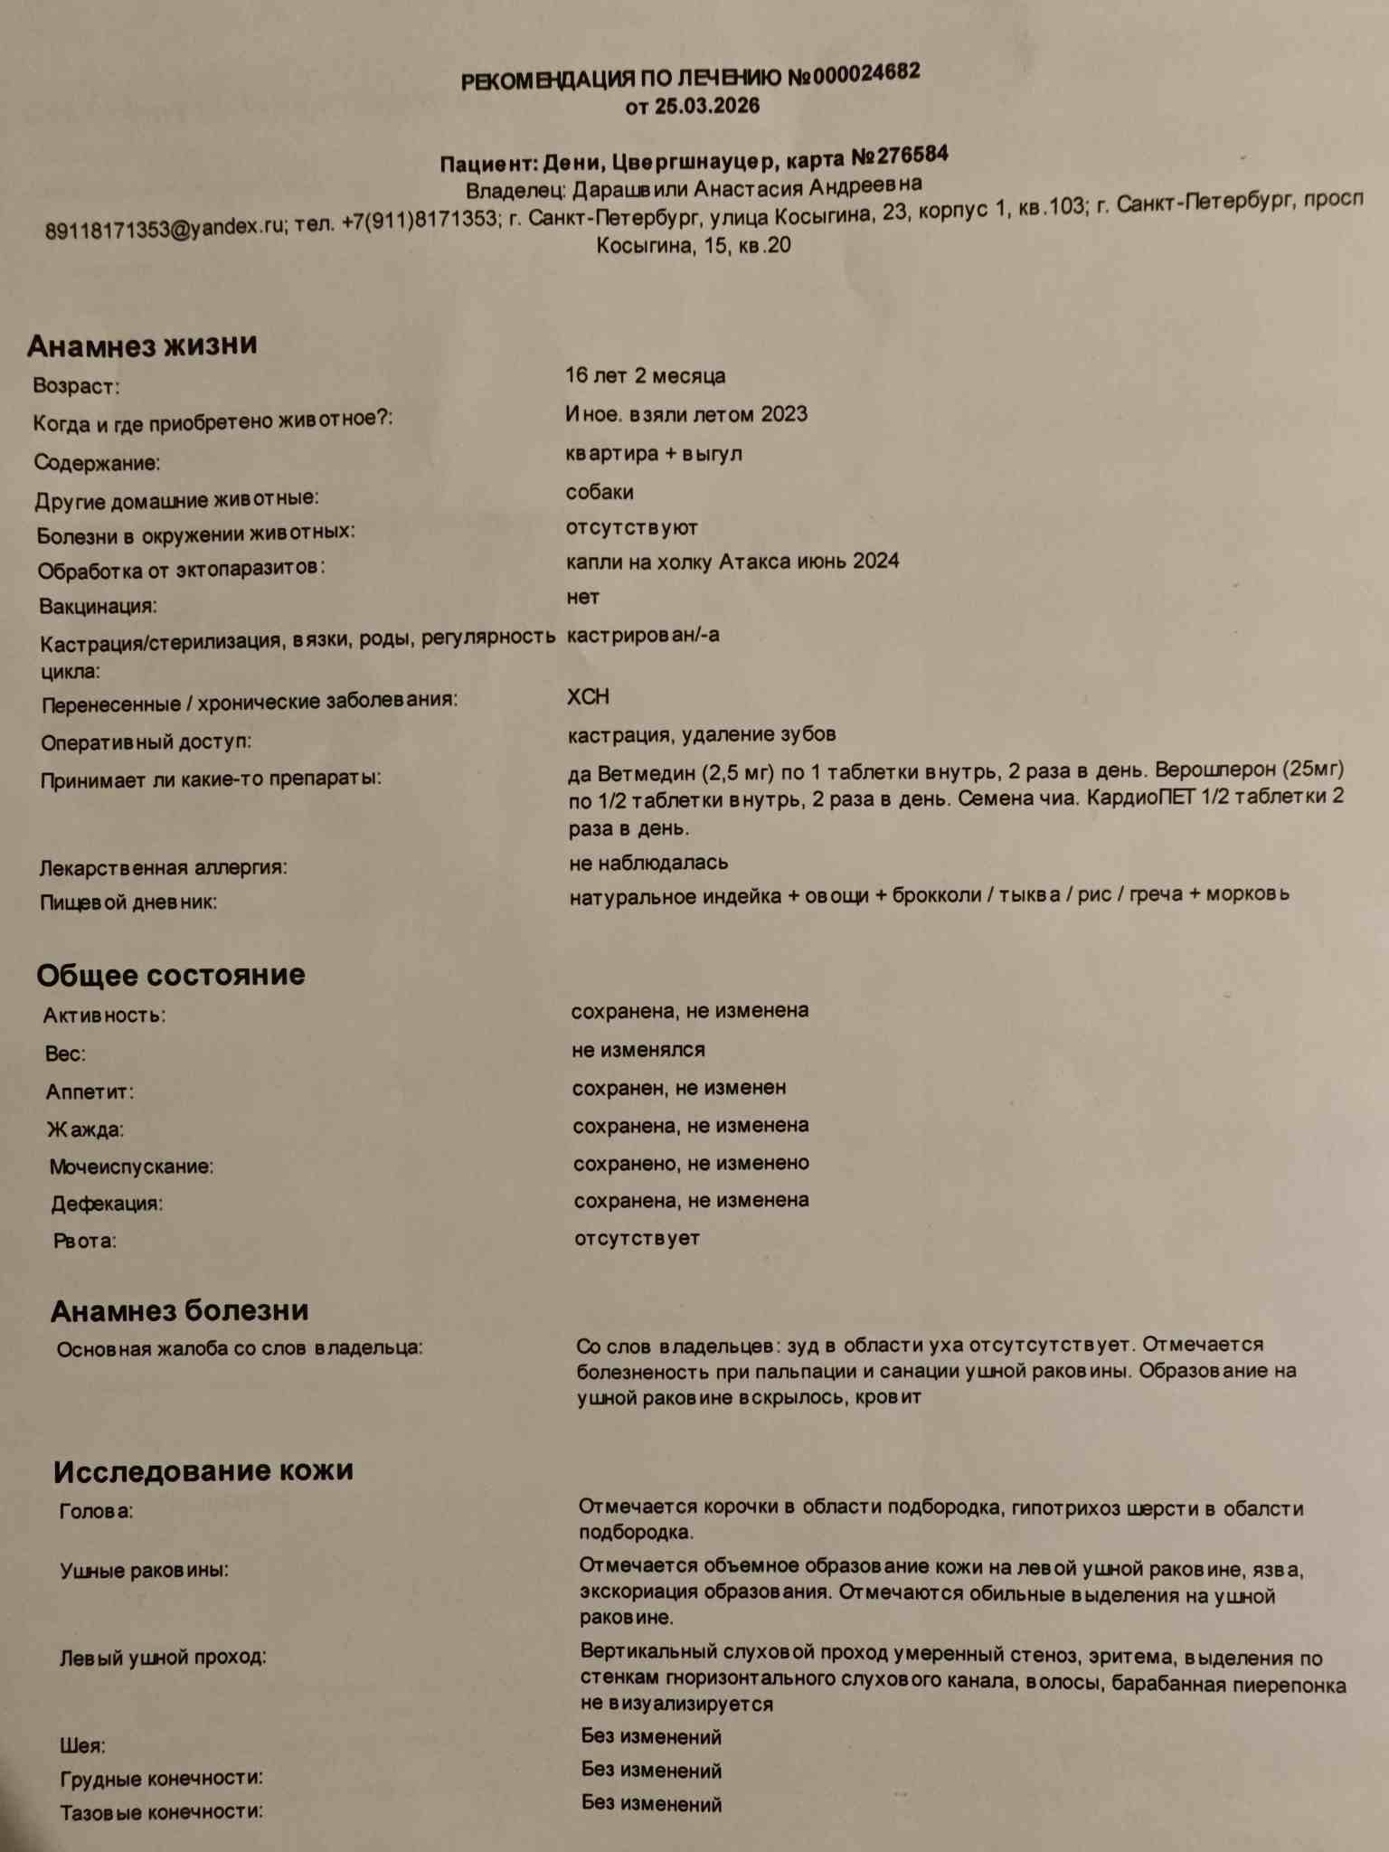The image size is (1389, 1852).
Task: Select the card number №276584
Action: tap(900, 156)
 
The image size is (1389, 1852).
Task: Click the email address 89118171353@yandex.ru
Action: tap(165, 229)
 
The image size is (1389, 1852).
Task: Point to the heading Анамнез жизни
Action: tap(142, 345)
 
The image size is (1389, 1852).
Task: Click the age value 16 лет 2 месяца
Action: tap(645, 375)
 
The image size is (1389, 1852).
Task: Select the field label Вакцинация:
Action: tap(98, 606)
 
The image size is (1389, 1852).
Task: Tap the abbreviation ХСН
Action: tap(588, 697)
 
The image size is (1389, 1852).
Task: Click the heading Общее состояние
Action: tap(171, 975)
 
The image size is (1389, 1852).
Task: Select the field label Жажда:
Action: tap(86, 1129)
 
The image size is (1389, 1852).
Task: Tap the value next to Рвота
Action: tap(637, 1238)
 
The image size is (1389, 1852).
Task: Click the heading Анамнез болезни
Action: tap(179, 1310)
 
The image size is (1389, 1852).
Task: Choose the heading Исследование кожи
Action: tap(203, 1471)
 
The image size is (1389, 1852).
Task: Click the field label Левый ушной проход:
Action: tap(163, 1658)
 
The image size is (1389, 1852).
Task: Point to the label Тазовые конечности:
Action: tap(161, 1812)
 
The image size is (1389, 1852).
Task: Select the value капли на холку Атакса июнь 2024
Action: tap(732, 562)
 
